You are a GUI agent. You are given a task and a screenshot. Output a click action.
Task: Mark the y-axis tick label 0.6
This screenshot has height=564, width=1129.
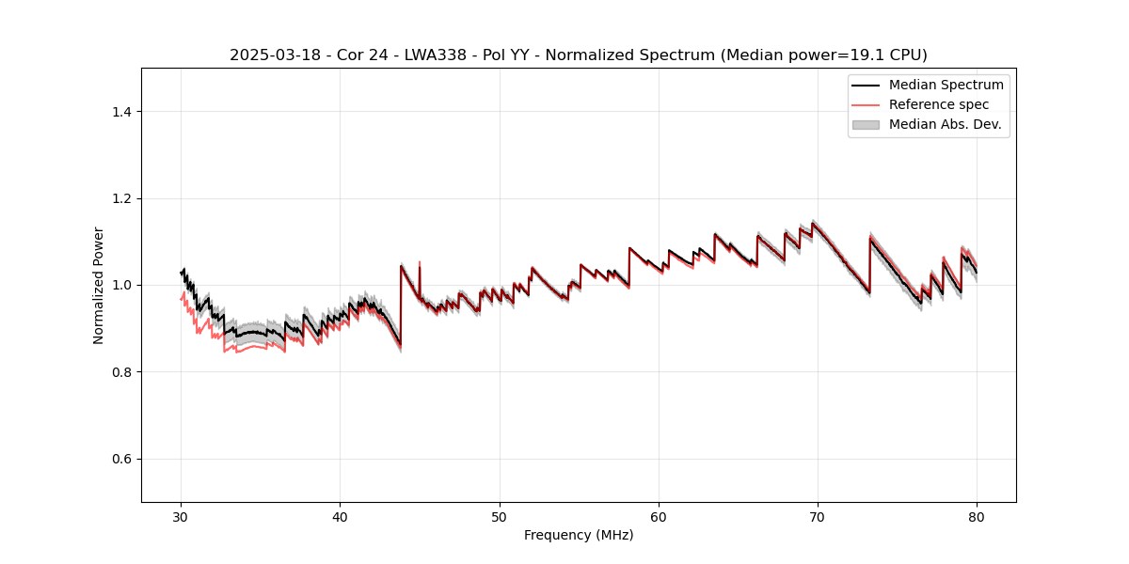[121, 459]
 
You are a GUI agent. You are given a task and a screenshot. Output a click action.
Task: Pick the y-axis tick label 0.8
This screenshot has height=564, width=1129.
[121, 372]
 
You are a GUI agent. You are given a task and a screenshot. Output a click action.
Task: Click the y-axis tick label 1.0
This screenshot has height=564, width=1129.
[121, 285]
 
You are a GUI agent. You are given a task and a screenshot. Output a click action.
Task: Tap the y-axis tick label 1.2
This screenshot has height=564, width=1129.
[121, 198]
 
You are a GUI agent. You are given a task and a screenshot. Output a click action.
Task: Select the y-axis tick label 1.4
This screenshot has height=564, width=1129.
[121, 112]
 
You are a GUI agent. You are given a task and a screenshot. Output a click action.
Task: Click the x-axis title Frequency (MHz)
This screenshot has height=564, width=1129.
[579, 535]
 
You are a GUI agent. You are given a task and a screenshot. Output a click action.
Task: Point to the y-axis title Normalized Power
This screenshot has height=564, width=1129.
[99, 285]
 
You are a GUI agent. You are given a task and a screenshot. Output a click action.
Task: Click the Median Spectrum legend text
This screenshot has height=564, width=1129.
[946, 85]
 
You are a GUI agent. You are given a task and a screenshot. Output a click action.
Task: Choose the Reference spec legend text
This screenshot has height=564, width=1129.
[938, 104]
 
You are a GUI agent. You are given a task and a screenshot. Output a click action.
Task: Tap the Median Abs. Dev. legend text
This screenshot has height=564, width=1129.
[945, 124]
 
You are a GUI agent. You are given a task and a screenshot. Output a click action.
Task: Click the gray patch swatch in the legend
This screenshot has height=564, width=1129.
[866, 124]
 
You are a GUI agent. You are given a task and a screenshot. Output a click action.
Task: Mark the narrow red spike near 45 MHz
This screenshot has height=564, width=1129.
[420, 264]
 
